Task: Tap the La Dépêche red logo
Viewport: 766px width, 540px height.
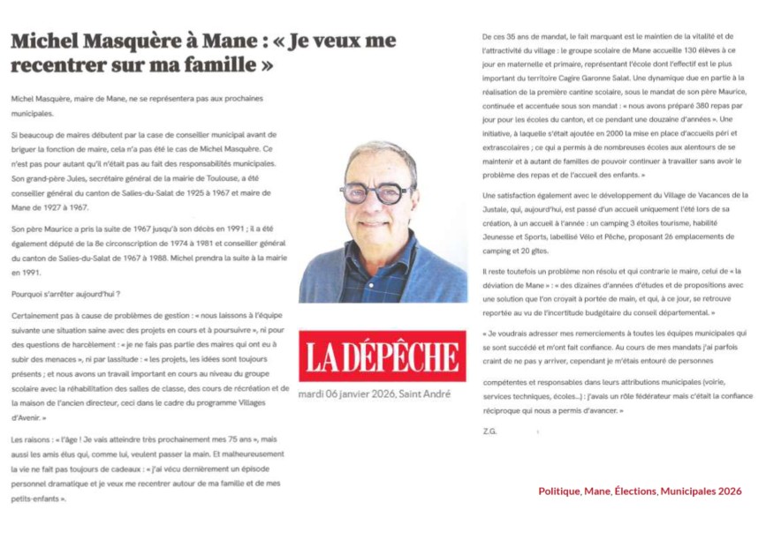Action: point(382,356)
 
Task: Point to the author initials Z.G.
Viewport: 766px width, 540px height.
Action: point(490,431)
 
